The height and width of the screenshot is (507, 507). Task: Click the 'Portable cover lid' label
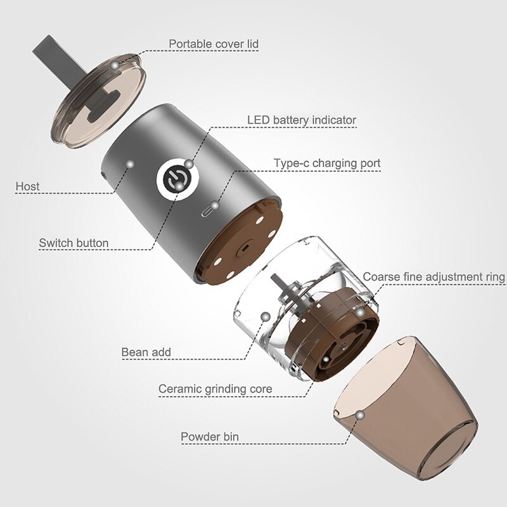pyautogui.click(x=213, y=44)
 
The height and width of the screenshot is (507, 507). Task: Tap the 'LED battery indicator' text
pyautogui.click(x=301, y=120)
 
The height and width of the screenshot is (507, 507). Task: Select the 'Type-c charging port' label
pyautogui.click(x=327, y=164)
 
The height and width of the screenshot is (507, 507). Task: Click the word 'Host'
pyautogui.click(x=28, y=186)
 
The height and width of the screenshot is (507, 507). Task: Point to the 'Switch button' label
pyautogui.click(x=74, y=243)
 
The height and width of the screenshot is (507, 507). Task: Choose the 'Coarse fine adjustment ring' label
pyautogui.click(x=433, y=277)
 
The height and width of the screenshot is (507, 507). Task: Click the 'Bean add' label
pyautogui.click(x=146, y=352)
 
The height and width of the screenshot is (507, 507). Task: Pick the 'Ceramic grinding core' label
pyautogui.click(x=215, y=388)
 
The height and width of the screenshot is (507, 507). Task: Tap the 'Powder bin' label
pyautogui.click(x=210, y=437)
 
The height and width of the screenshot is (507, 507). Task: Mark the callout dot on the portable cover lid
pyautogui.click(x=115, y=65)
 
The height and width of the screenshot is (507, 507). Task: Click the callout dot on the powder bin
pyautogui.click(x=359, y=414)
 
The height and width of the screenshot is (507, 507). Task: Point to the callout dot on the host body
pyautogui.click(x=130, y=164)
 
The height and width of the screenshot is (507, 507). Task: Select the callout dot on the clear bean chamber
pyautogui.click(x=265, y=316)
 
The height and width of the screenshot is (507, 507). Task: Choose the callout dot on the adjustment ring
pyautogui.click(x=359, y=312)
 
